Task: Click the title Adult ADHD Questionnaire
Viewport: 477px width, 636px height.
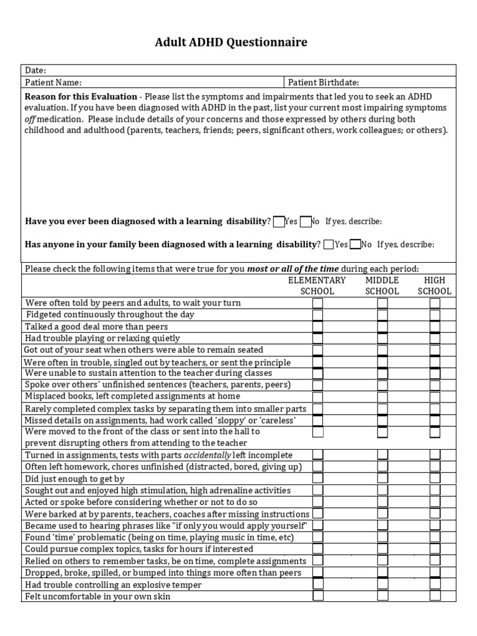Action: tap(230, 43)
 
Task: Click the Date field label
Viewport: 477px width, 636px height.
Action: tap(35, 71)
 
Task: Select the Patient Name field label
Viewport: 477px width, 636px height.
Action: tap(53, 83)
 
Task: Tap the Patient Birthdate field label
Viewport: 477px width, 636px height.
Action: tap(323, 83)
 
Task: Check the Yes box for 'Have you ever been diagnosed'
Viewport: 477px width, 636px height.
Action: tap(278, 221)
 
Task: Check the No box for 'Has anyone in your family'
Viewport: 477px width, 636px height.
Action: tap(355, 244)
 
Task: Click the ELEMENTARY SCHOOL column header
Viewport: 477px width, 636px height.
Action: tap(317, 286)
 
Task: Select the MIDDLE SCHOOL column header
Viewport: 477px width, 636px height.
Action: tap(382, 286)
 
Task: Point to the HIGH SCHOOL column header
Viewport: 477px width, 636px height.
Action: tap(434, 286)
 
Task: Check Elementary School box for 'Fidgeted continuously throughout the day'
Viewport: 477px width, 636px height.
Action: tap(317, 315)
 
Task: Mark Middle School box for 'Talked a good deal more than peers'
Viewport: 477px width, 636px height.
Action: tap(383, 327)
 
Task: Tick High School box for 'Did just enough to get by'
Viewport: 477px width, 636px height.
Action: tap(435, 478)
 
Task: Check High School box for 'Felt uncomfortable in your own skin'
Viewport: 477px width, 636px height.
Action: tap(435, 596)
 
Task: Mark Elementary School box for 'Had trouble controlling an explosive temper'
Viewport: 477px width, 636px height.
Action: tap(317, 584)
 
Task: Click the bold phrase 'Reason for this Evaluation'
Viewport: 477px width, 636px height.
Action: tap(81, 97)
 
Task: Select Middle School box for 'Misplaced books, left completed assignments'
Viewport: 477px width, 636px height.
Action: tap(383, 396)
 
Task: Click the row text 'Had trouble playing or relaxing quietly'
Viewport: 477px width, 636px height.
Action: tap(102, 338)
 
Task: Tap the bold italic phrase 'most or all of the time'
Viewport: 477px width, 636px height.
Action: tap(293, 269)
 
